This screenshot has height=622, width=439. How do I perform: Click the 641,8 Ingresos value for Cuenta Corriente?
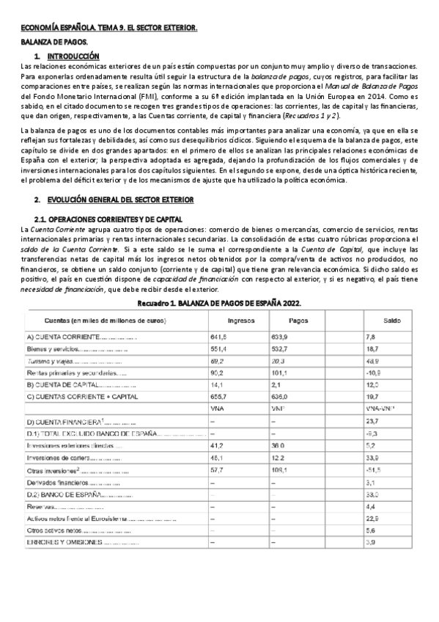pyautogui.click(x=219, y=337)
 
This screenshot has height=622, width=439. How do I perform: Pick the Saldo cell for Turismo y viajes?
pyautogui.click(x=374, y=362)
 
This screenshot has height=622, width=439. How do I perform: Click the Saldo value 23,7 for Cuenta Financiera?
pyautogui.click(x=372, y=421)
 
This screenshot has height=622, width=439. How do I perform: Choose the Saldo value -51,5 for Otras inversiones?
pyautogui.click(x=374, y=470)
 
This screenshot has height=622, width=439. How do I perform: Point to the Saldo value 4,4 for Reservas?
pyautogui.click(x=370, y=506)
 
